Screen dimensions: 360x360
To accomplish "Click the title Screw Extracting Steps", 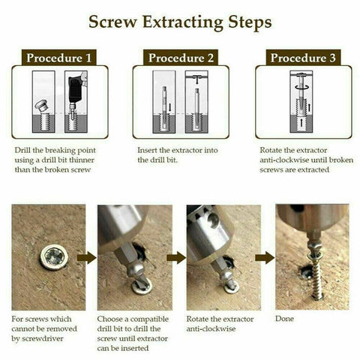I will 180,22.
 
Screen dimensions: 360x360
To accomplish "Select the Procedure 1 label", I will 59,58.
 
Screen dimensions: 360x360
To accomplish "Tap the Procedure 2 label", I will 181,58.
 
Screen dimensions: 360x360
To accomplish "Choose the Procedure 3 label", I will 302,58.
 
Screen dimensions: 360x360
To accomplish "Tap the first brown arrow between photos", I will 88,257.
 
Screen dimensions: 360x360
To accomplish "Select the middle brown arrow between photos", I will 175,257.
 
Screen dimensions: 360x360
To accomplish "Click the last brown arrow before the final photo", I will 263,257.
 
